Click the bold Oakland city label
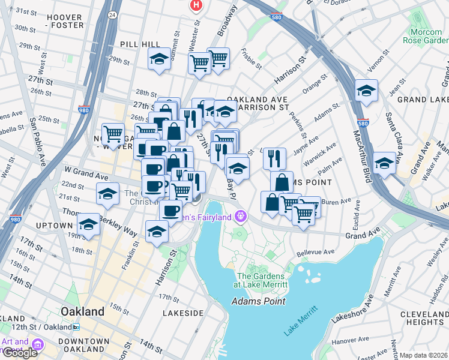82,312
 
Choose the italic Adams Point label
258,301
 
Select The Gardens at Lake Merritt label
268,280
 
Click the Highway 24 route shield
112,14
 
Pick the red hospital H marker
196,5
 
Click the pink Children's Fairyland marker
241,215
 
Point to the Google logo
20,352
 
